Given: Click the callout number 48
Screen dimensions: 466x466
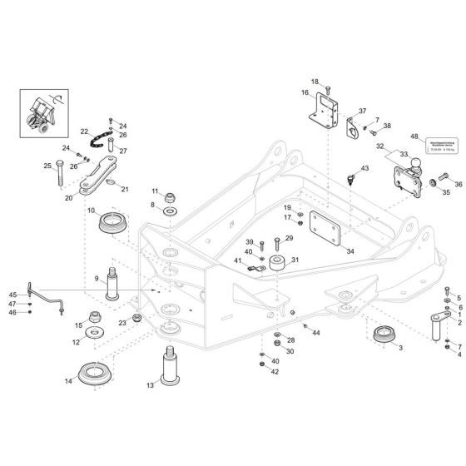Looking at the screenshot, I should [x=414, y=136].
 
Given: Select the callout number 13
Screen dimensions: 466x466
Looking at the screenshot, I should [x=151, y=385].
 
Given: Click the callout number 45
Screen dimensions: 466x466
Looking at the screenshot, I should [x=12, y=295].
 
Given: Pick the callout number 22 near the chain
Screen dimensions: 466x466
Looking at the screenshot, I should [x=84, y=131].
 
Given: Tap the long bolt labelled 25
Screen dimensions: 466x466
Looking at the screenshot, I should [x=59, y=170].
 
